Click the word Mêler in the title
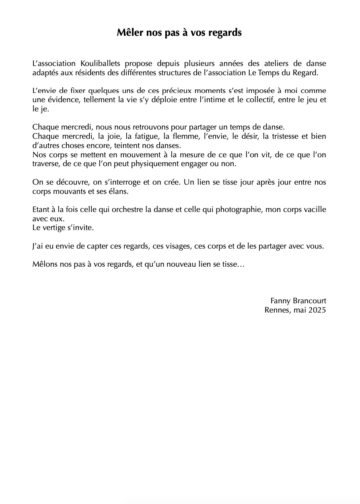coord(130,33)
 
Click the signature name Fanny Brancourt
coord(298,301)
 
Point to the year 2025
coord(317,310)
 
